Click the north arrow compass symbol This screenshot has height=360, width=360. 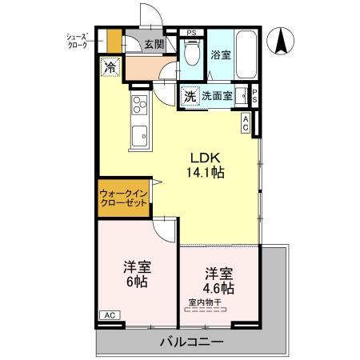point(283,42)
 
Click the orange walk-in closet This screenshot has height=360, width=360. point(123,199)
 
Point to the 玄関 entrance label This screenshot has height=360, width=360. point(154,45)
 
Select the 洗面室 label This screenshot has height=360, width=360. point(217,96)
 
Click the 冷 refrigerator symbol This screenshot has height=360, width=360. point(110,67)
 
